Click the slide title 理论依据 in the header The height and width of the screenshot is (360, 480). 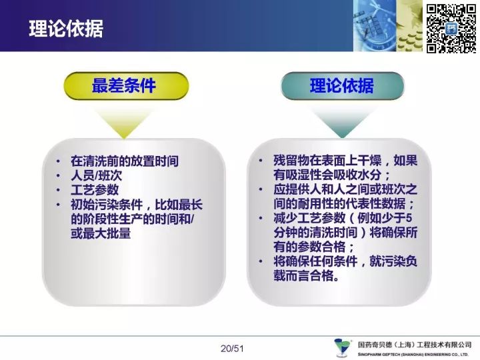66,29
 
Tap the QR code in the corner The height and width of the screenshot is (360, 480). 451,29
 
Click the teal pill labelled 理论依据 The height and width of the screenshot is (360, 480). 342,86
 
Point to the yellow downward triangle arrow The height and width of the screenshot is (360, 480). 124,123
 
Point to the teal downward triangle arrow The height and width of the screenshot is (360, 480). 342,123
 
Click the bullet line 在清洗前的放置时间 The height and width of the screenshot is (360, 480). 125,161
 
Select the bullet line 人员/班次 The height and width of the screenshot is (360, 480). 96,175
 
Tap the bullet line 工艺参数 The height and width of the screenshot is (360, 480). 95,190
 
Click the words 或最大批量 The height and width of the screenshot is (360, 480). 101,233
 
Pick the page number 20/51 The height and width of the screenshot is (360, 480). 232,349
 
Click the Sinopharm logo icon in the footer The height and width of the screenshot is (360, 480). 343,347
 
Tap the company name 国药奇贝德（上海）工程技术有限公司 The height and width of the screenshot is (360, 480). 415,345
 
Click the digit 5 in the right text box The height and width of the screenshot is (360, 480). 409,218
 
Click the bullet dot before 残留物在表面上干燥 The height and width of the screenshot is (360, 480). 261,161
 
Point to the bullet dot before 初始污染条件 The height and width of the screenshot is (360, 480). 58,204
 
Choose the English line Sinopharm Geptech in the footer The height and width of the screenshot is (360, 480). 413,355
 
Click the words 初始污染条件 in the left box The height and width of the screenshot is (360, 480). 107,205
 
